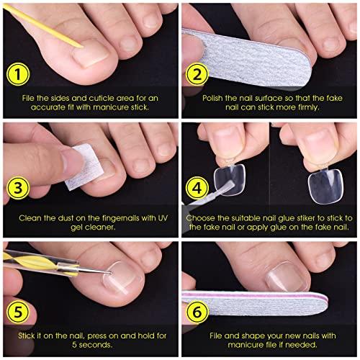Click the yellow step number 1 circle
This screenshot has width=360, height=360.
tap(18, 74)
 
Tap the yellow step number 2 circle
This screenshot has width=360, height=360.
tap(197, 74)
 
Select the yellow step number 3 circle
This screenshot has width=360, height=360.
tap(18, 188)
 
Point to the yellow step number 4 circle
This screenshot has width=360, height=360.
tap(197, 188)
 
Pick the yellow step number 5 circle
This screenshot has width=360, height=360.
tap(18, 312)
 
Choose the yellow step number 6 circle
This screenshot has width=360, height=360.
tap(197, 312)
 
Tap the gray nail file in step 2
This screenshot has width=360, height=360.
tap(247, 58)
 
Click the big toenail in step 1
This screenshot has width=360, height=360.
tap(91, 53)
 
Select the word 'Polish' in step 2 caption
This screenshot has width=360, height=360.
tap(212, 98)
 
